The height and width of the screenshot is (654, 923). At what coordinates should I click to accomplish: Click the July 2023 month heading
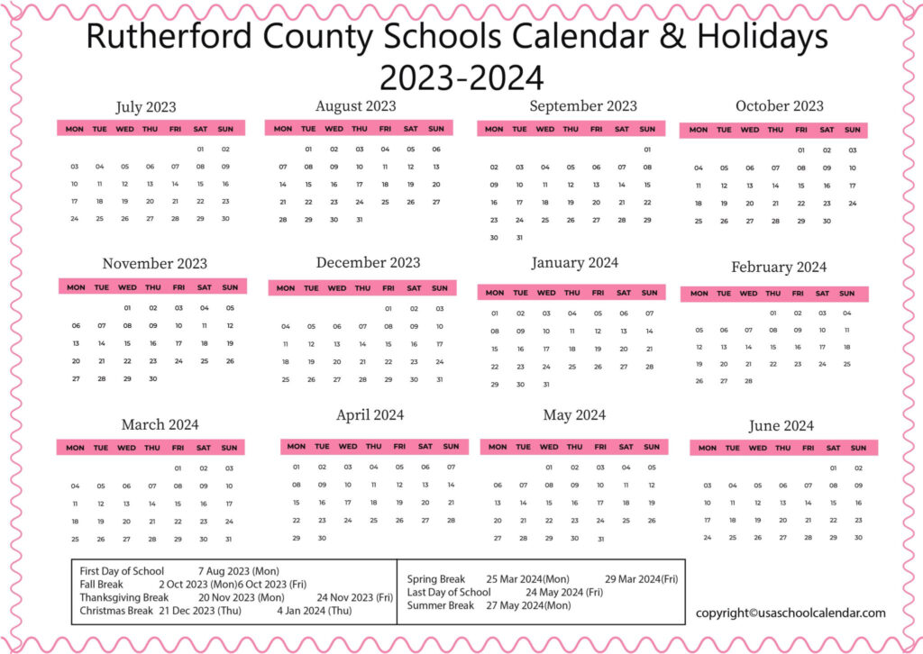click(145, 108)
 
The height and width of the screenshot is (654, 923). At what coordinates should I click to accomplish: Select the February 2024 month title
click(778, 268)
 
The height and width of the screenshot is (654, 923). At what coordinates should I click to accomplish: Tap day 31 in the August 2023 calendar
click(359, 220)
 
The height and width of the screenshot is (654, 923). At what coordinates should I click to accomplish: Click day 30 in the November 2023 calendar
click(152, 379)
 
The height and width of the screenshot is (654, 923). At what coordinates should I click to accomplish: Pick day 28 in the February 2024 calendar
click(748, 381)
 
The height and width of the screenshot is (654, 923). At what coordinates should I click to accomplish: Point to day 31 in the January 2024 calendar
click(545, 385)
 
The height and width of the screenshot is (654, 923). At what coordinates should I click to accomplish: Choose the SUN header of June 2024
click(858, 448)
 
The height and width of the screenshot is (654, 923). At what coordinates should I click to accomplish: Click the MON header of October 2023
click(699, 130)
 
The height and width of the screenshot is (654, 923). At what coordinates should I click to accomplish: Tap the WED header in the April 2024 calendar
click(347, 447)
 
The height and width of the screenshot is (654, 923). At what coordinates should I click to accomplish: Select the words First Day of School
click(122, 571)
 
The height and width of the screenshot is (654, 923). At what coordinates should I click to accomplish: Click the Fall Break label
click(101, 584)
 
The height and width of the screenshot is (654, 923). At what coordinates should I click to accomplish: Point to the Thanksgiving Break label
click(123, 597)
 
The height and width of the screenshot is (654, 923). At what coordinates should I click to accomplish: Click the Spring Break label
click(436, 579)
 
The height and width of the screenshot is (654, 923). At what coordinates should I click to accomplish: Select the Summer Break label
click(441, 605)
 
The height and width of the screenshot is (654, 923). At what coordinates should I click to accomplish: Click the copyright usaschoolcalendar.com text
click(790, 613)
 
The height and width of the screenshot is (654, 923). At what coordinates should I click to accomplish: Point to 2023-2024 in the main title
click(461, 77)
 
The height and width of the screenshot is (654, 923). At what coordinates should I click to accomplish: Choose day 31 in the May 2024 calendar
click(599, 539)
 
